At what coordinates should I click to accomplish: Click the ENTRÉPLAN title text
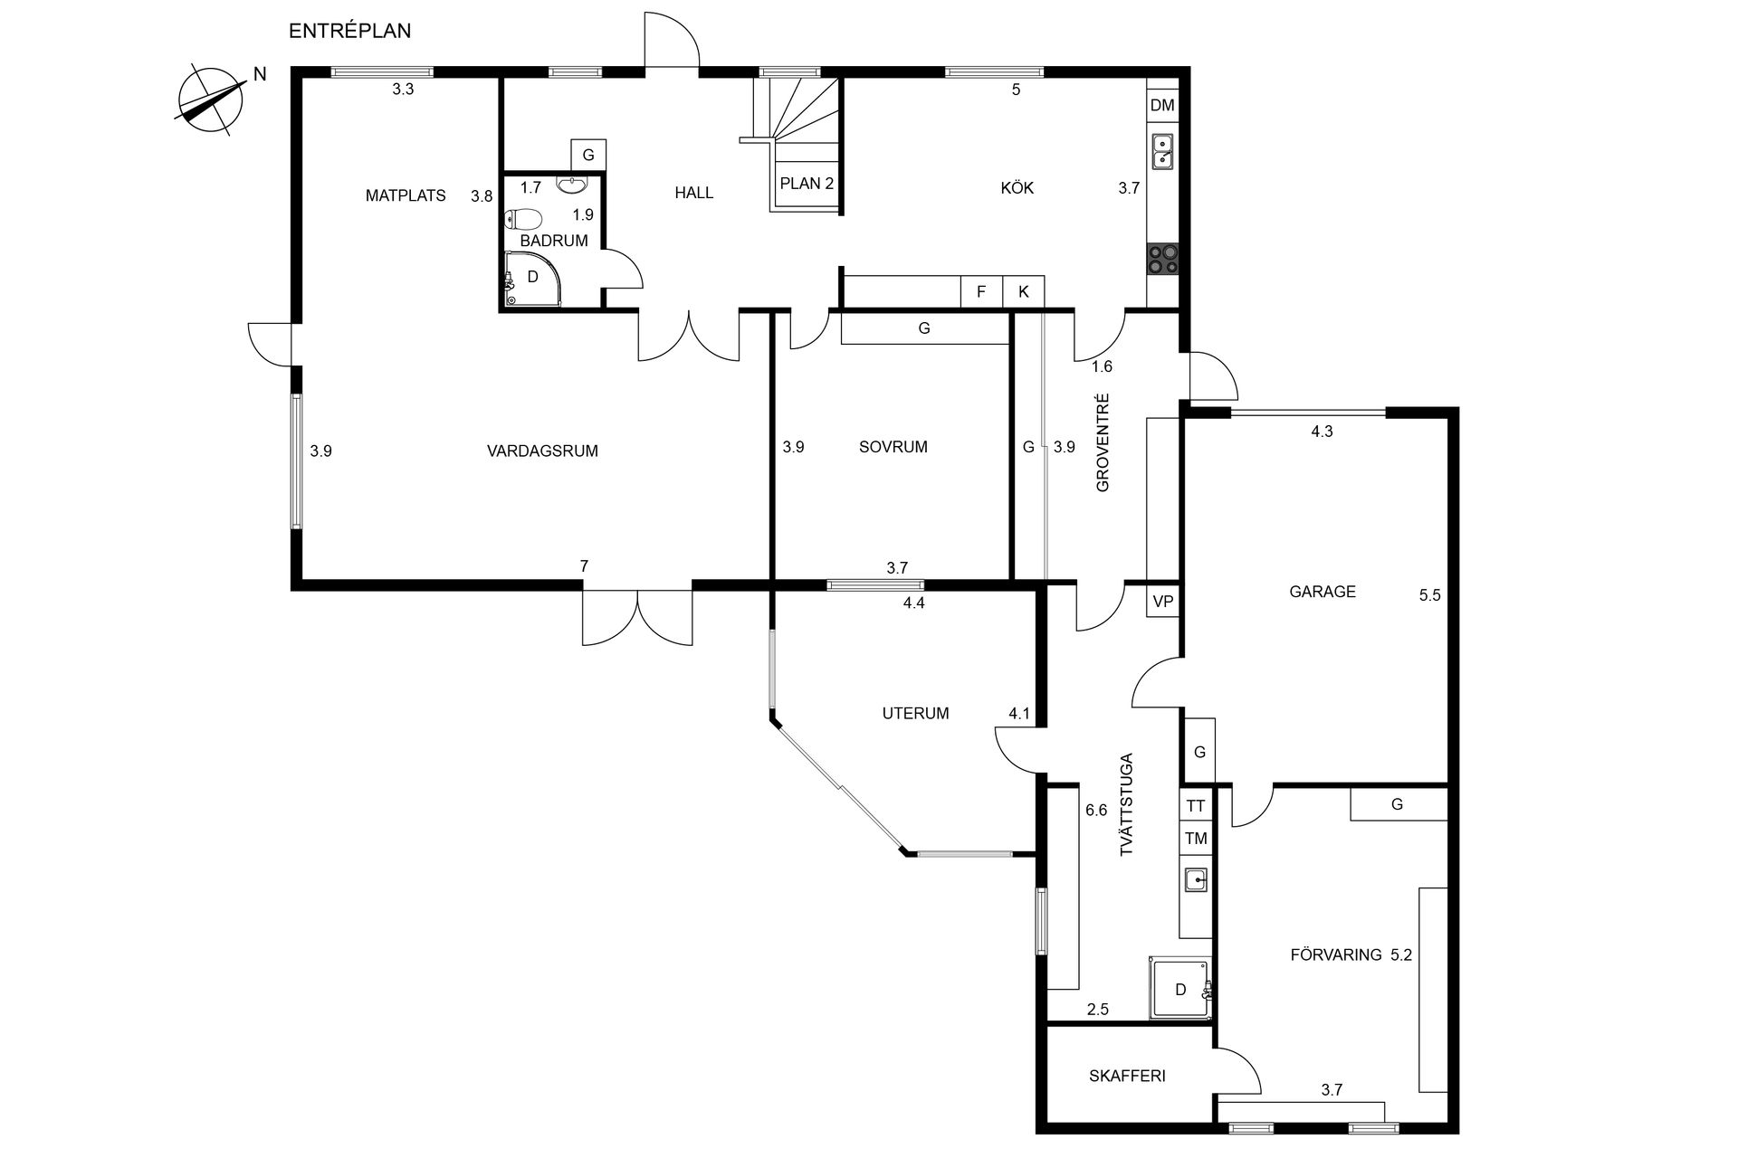tap(349, 31)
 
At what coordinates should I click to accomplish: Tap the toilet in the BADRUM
tap(523, 218)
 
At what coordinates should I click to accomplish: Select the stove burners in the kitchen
tap(1162, 260)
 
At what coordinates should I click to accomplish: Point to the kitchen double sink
tap(1162, 151)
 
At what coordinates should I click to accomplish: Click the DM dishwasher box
tap(1162, 105)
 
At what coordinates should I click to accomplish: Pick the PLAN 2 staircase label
tap(807, 184)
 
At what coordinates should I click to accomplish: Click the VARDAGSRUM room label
tap(542, 451)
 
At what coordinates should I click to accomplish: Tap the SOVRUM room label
tap(893, 446)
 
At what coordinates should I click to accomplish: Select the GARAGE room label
tap(1323, 592)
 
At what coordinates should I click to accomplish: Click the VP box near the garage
tap(1163, 602)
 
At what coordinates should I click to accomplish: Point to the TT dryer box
tap(1195, 806)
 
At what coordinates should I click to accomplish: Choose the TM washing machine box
tap(1195, 839)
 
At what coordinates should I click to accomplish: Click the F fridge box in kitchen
tap(981, 292)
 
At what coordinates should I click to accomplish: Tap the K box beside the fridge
tap(1024, 292)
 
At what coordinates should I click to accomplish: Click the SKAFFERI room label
tap(1127, 1076)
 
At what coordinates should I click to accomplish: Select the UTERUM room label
tap(915, 713)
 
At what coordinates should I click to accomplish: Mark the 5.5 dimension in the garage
tap(1429, 595)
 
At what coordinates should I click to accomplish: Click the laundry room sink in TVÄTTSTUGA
tap(1196, 879)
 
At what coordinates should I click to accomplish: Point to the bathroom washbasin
tap(571, 186)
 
